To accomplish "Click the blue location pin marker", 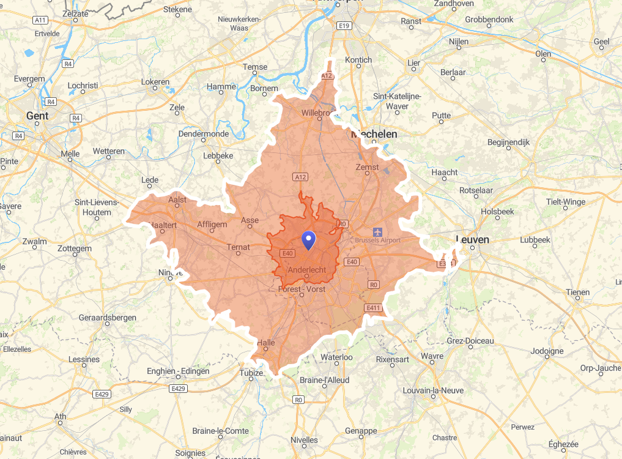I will [x=309, y=239].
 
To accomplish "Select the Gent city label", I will [x=37, y=115].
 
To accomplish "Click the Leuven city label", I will [x=473, y=239].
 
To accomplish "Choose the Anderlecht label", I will [x=306, y=269].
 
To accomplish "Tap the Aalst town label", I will [x=177, y=199].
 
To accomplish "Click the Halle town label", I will [x=266, y=343].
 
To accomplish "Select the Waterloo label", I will [x=337, y=357].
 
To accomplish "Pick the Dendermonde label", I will [x=204, y=133].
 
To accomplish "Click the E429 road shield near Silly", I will [x=102, y=394].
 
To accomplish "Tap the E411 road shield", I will [x=374, y=307].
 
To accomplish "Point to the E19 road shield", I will [x=344, y=25].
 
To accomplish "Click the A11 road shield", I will [x=40, y=20].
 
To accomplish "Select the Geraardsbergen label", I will [x=107, y=318].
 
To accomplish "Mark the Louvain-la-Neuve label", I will [x=433, y=390].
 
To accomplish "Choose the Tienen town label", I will [x=577, y=292].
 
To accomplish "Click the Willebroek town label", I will [x=319, y=113].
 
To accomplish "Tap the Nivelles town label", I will [x=305, y=439].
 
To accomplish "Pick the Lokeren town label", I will [x=155, y=81].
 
